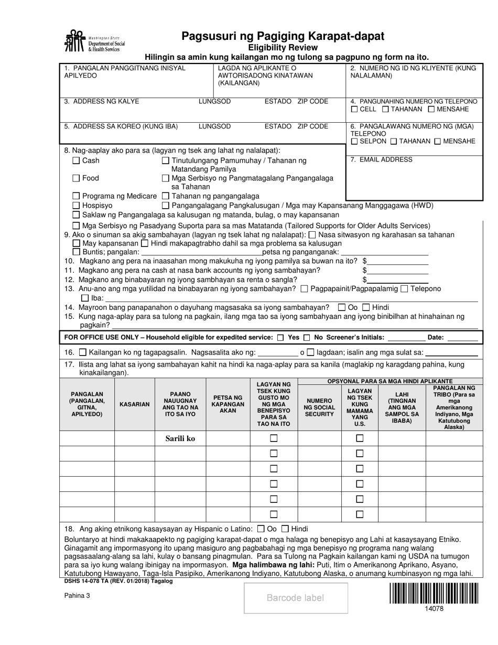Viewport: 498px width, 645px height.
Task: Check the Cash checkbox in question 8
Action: (x=77, y=160)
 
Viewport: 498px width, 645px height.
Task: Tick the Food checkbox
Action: (x=77, y=178)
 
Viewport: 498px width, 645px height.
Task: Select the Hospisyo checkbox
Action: (x=77, y=206)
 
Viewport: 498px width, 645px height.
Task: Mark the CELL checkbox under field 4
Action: (x=354, y=109)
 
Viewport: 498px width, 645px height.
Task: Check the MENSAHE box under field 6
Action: (x=438, y=141)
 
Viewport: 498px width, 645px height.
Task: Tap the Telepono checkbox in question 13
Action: (x=404, y=288)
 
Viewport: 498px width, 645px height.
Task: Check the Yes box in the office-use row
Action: (x=280, y=338)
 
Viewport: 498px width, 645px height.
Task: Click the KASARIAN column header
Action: (x=135, y=405)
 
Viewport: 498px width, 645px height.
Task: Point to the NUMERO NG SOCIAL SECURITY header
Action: (x=319, y=407)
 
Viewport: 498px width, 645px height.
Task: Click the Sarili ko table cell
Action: (x=180, y=438)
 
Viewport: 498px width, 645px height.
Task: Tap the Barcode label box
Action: (x=296, y=598)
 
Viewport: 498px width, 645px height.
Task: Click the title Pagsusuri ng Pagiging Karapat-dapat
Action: (x=283, y=36)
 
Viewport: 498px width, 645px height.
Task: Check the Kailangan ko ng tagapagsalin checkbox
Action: (x=83, y=352)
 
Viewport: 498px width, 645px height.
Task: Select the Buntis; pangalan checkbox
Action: (x=77, y=252)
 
